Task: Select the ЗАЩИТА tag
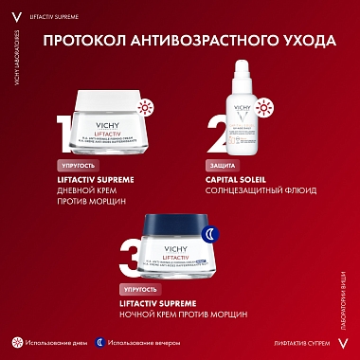tap(222, 165)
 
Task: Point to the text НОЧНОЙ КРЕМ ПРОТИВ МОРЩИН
tap(181, 313)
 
